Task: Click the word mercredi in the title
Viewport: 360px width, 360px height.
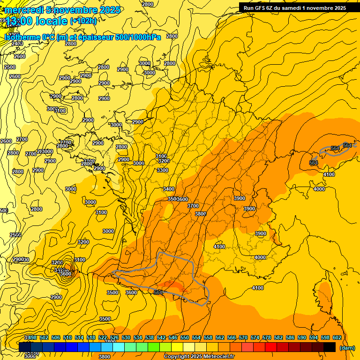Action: coord(22,10)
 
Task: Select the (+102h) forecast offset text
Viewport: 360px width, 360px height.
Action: coord(83,21)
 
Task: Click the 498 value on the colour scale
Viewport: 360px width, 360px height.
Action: coord(32,337)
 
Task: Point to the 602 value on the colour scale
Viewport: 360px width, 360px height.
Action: coord(337,337)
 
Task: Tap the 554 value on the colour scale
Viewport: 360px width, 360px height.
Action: coord(196,337)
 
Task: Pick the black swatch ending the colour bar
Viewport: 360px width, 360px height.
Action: coord(330,347)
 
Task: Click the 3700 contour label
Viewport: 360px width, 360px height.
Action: coord(193,206)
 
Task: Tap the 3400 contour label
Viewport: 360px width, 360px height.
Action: coord(169,189)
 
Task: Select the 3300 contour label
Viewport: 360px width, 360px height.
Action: coord(163,170)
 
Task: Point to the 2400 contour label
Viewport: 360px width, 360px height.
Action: coord(17,44)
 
